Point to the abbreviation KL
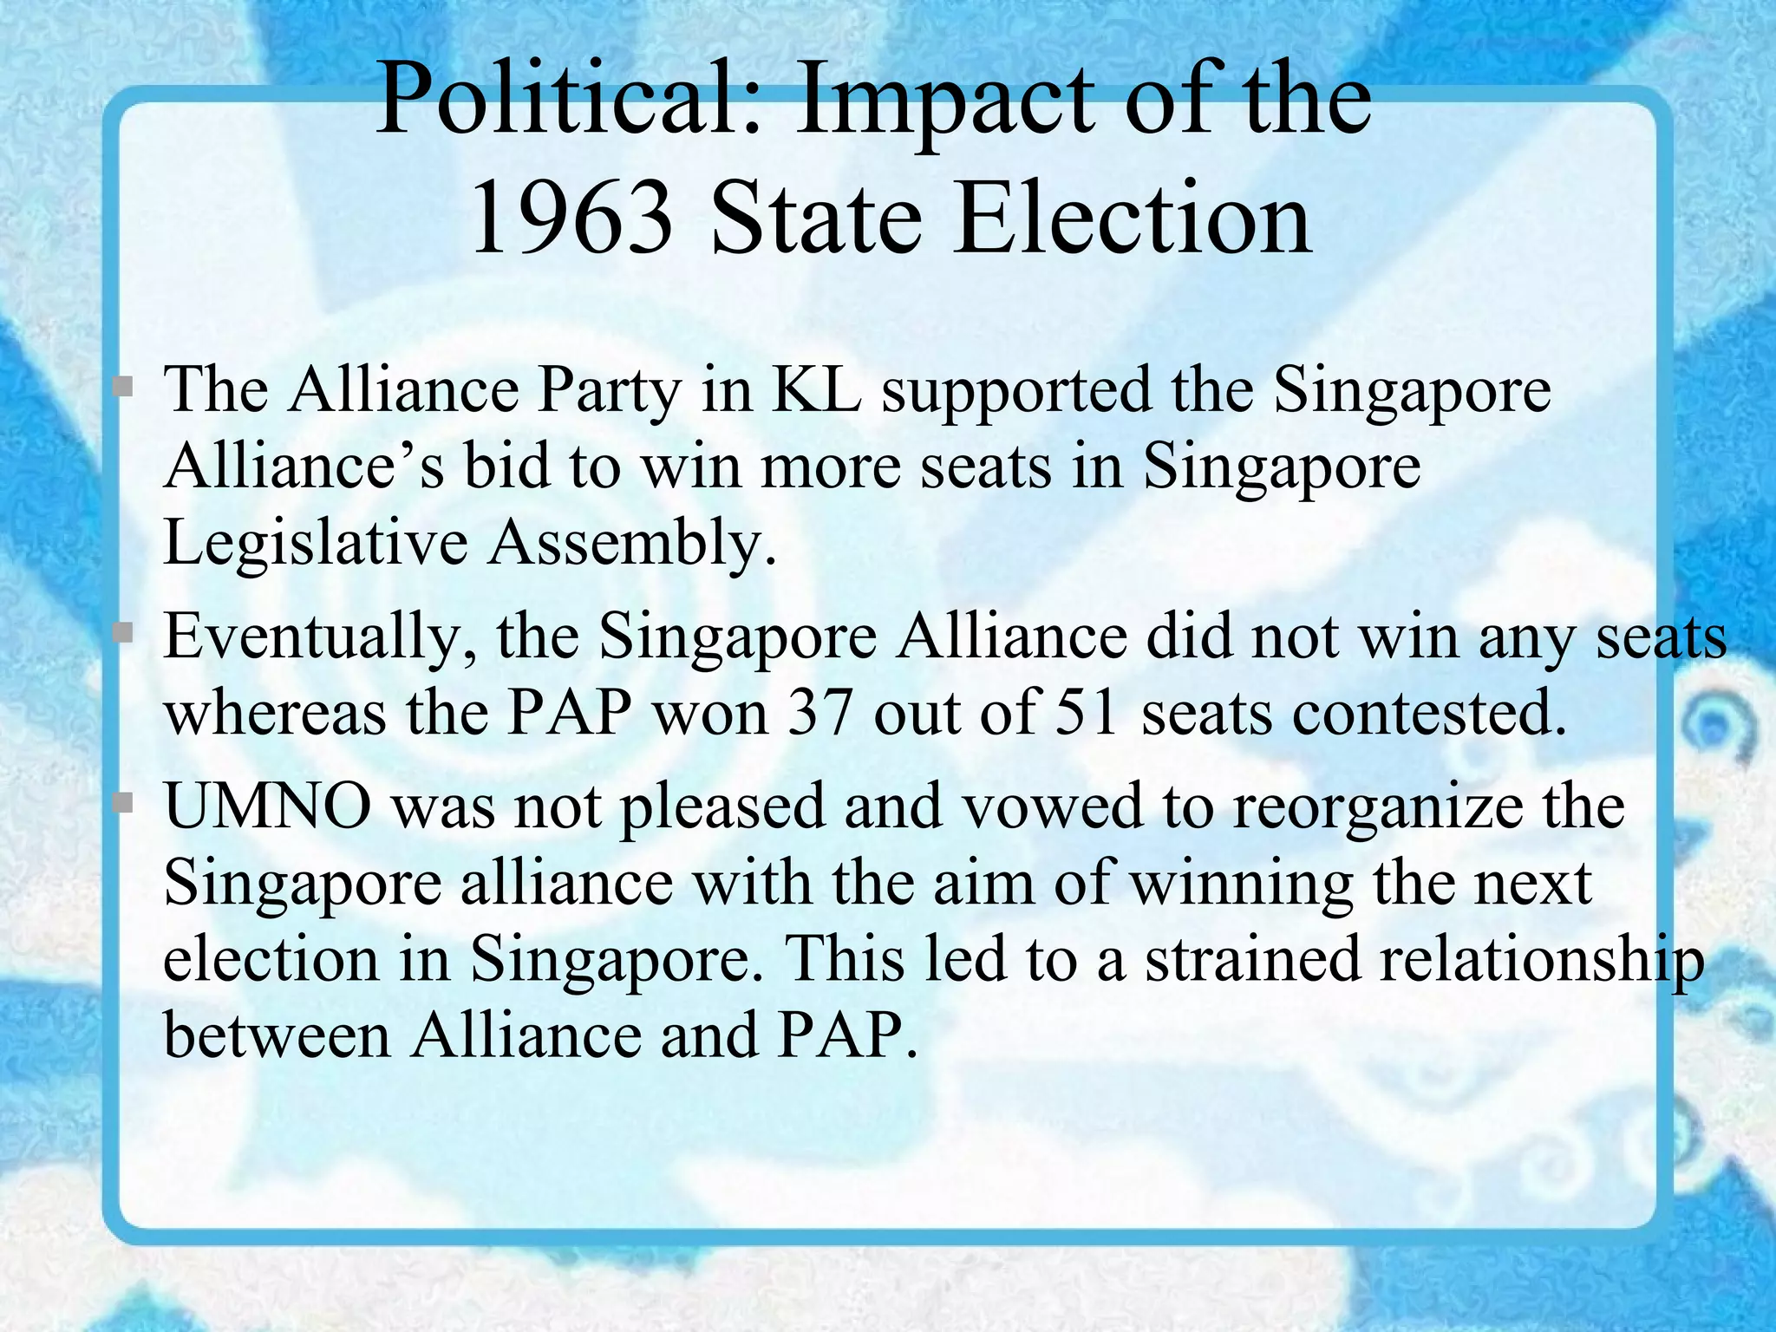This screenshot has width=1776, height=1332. coord(816,389)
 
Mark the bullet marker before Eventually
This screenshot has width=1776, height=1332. coord(123,633)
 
